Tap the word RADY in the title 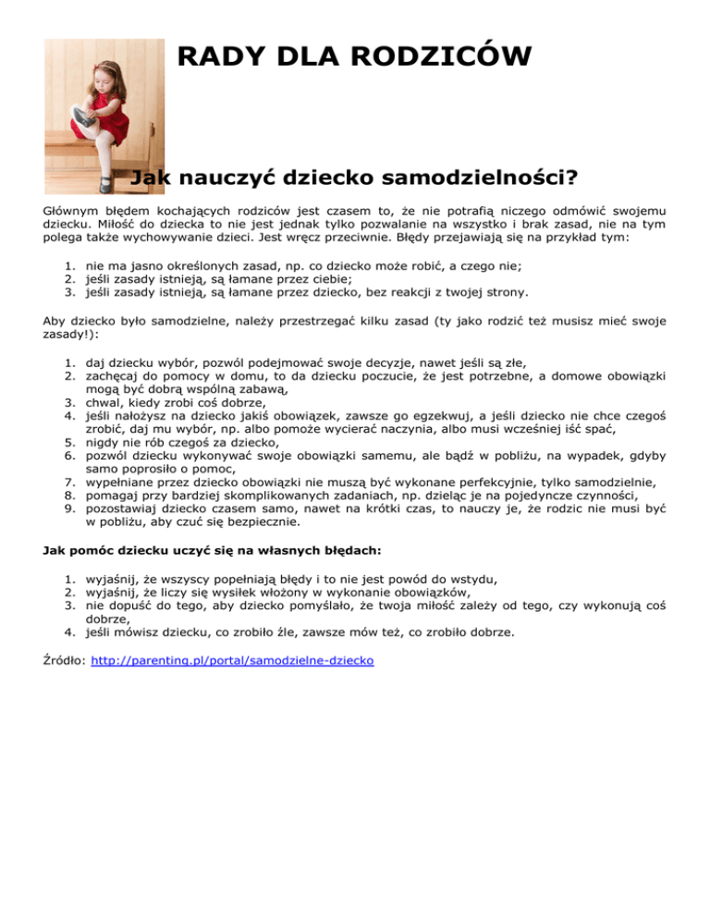(214, 56)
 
